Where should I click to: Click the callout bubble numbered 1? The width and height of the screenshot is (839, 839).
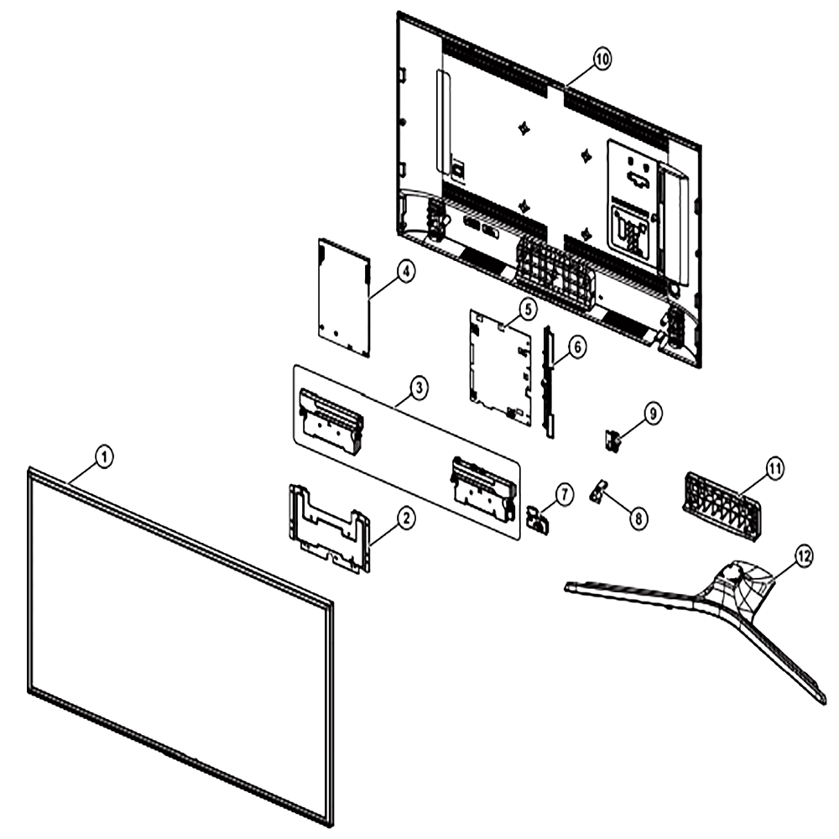pyautogui.click(x=104, y=457)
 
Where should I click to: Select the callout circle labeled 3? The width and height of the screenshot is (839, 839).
pyautogui.click(x=419, y=388)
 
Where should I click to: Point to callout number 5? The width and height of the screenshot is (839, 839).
pyautogui.click(x=528, y=309)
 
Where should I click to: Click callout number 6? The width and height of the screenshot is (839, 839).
pyautogui.click(x=576, y=347)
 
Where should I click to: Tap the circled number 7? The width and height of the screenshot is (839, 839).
pyautogui.click(x=564, y=494)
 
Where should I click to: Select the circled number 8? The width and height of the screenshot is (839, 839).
pyautogui.click(x=638, y=518)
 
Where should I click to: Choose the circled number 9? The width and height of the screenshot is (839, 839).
pyautogui.click(x=652, y=414)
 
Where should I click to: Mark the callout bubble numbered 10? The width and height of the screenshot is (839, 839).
pyautogui.click(x=602, y=60)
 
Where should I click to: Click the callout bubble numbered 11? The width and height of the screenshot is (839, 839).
pyautogui.click(x=774, y=469)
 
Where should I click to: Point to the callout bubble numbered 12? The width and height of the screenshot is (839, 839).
pyautogui.click(x=803, y=556)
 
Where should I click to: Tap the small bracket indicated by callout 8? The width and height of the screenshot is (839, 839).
pyautogui.click(x=599, y=490)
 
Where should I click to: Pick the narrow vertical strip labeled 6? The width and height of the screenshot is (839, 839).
pyautogui.click(x=549, y=381)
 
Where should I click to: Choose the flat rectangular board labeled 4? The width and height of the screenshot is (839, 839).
pyautogui.click(x=344, y=298)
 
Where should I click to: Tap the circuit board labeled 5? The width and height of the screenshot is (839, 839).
pyautogui.click(x=501, y=368)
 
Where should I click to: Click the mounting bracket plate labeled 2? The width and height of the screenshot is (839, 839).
pyautogui.click(x=329, y=527)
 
